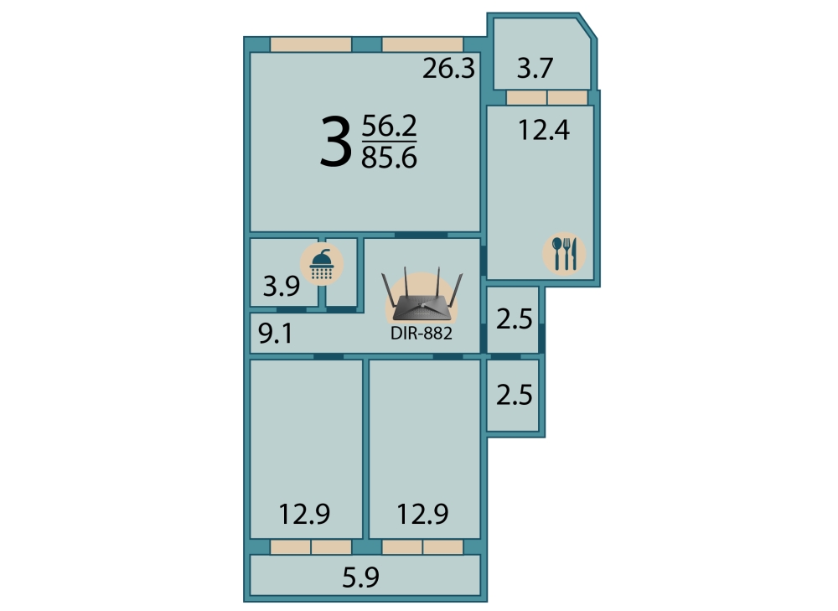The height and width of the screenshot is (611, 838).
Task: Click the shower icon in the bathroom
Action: pyautogui.click(x=322, y=264)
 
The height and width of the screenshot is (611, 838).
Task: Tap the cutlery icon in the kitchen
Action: pyautogui.click(x=564, y=253)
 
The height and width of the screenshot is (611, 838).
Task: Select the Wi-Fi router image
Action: pyautogui.click(x=422, y=295)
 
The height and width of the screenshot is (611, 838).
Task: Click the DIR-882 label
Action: pyautogui.click(x=422, y=333)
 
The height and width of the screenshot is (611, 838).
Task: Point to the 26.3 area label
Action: pyautogui.click(x=448, y=69)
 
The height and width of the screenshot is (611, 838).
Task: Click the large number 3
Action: pyautogui.click(x=336, y=142)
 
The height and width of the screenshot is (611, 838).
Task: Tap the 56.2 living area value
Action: pyautogui.click(x=389, y=127)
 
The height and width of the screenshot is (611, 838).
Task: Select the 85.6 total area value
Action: pyautogui.click(x=389, y=158)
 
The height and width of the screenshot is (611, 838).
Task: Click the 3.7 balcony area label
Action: pyautogui.click(x=535, y=69)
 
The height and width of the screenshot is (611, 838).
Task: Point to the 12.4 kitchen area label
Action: pyautogui.click(x=544, y=131)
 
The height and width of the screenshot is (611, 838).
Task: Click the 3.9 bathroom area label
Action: pyautogui.click(x=281, y=287)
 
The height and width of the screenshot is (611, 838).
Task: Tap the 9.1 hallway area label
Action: pyautogui.click(x=275, y=334)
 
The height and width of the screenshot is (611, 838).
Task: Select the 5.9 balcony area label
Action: pyautogui.click(x=360, y=577)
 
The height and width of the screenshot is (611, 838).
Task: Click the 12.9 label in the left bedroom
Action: pyautogui.click(x=305, y=515)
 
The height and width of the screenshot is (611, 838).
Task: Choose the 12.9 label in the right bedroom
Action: pyautogui.click(x=422, y=515)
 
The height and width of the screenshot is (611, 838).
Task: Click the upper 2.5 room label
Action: pyautogui.click(x=515, y=319)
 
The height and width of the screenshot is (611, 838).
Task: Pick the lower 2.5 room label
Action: pyautogui.click(x=515, y=395)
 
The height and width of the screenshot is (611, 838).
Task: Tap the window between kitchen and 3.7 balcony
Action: pyautogui.click(x=546, y=98)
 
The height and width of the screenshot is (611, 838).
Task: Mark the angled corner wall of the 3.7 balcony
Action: pyautogui.click(x=587, y=26)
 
